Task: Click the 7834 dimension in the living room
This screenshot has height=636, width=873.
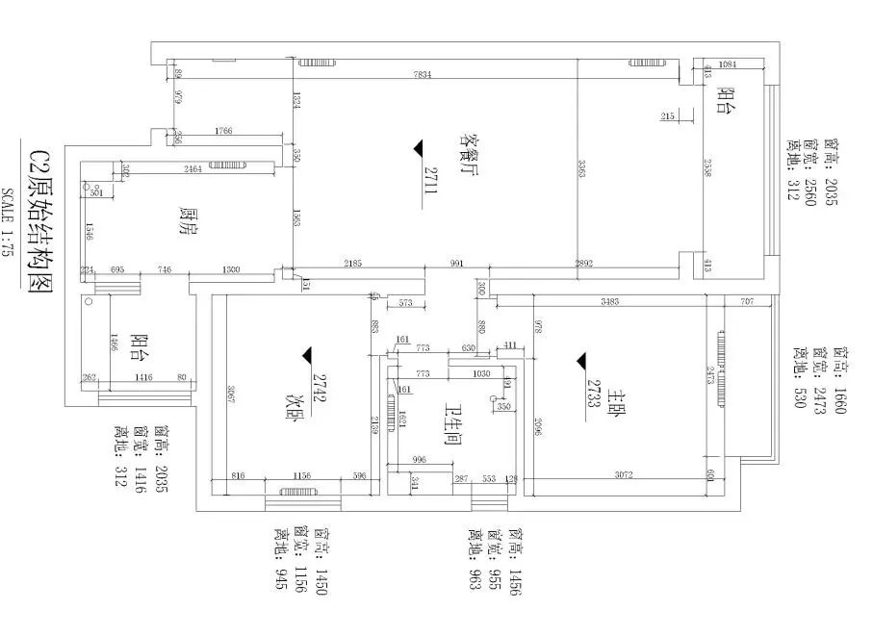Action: click(x=423, y=74)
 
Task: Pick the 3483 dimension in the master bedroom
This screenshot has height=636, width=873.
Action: click(x=608, y=302)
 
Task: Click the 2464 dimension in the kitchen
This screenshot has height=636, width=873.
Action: click(x=193, y=169)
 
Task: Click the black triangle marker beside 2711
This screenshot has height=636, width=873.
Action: click(x=418, y=147)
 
